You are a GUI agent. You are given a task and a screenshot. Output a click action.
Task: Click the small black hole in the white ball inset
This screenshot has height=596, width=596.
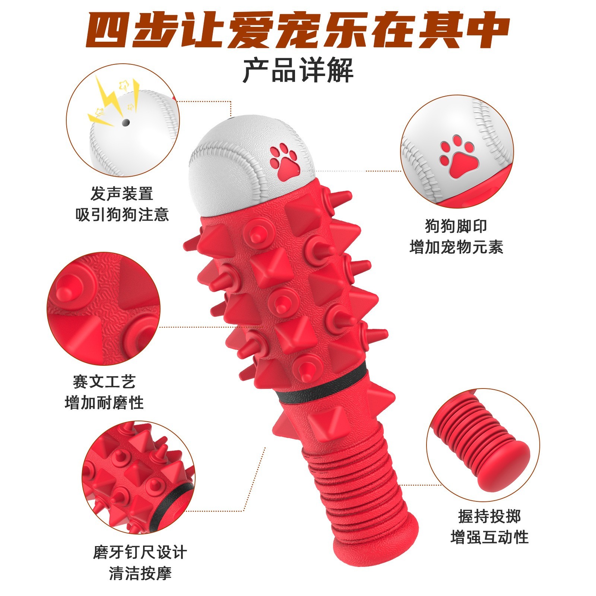coord(126,122)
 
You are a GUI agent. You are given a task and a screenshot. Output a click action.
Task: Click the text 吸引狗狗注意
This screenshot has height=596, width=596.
coord(122,215)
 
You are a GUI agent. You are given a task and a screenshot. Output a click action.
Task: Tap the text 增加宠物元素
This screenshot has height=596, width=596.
coord(456,247)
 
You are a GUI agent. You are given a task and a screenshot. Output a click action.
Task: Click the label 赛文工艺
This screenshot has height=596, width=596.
coord(104,381)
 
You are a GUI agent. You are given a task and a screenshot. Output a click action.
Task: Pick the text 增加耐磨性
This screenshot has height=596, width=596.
coord(104,403)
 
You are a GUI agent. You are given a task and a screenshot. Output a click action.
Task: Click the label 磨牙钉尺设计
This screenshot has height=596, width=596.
coord(140,552)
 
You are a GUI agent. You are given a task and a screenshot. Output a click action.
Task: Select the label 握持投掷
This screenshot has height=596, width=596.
coord(489,516)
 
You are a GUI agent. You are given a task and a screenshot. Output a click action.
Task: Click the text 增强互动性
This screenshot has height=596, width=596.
coord(489,538)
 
